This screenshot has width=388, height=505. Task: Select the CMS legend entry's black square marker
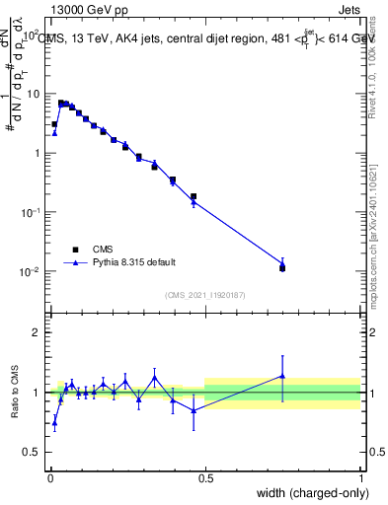click(x=75, y=250)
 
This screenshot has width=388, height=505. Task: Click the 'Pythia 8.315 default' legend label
click(x=134, y=262)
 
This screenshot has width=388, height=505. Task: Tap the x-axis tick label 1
click(x=360, y=476)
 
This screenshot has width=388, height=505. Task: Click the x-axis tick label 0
click(x=49, y=476)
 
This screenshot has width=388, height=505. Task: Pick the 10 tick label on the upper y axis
click(x=36, y=94)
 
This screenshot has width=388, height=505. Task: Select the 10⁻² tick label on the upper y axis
click(x=33, y=271)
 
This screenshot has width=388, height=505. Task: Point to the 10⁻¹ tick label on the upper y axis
click(x=33, y=212)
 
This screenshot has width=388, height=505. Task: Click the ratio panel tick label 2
click(x=38, y=332)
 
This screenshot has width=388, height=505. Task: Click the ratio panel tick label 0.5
click(x=33, y=452)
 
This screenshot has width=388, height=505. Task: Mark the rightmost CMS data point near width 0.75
click(x=282, y=267)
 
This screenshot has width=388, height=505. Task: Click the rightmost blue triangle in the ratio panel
click(x=282, y=376)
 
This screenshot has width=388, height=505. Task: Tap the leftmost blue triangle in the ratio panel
click(x=54, y=422)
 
